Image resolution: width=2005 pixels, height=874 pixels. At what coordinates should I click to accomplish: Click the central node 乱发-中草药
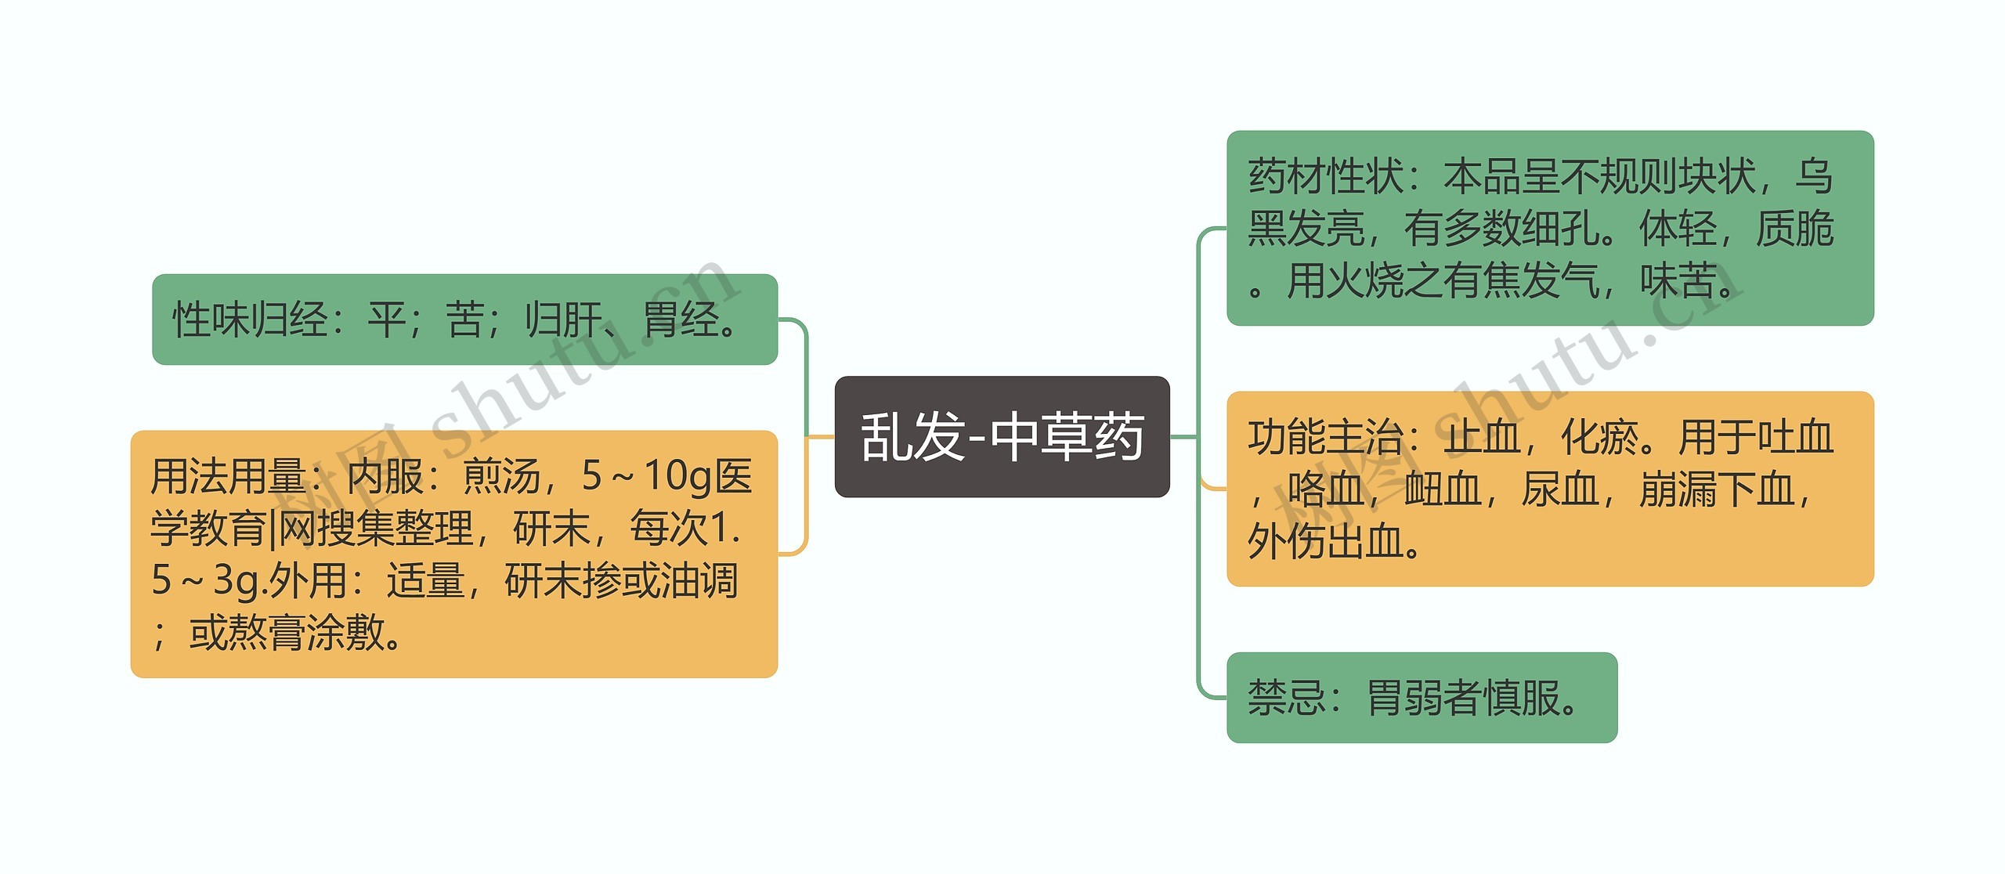click(1002, 436)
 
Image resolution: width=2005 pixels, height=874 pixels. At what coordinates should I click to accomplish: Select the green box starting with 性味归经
click(464, 319)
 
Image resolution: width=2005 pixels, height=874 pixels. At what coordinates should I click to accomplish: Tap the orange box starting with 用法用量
click(453, 554)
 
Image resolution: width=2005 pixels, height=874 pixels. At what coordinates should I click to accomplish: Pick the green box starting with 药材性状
click(1549, 228)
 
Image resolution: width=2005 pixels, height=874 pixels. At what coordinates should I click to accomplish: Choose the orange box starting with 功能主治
click(1549, 489)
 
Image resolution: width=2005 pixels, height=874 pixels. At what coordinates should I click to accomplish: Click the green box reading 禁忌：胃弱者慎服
click(1421, 697)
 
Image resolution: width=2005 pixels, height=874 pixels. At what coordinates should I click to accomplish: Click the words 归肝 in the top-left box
click(562, 320)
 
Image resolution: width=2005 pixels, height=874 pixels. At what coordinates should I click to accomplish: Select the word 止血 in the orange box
click(1482, 437)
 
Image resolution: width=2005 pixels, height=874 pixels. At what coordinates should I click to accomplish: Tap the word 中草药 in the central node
click(1067, 436)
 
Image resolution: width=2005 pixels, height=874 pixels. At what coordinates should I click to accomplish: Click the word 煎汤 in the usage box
click(501, 476)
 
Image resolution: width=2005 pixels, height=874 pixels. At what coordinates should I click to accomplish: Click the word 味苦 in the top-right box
click(1678, 280)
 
